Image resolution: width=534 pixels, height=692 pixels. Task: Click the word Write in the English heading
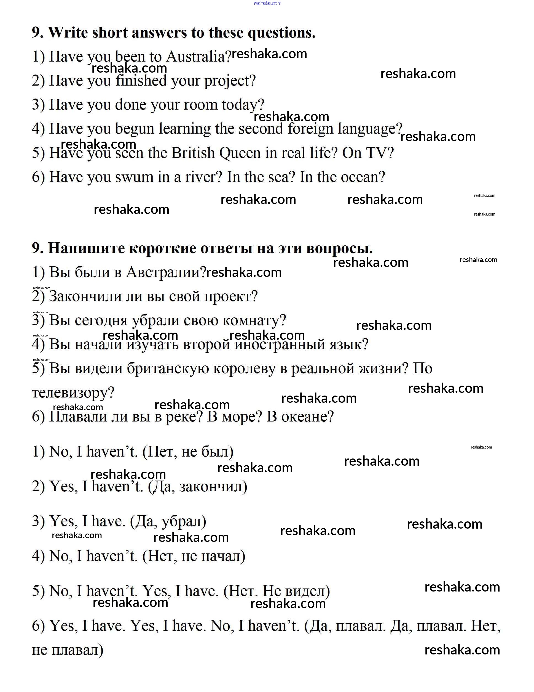[68, 33]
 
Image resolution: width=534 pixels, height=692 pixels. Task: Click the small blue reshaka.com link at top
[267, 3]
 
